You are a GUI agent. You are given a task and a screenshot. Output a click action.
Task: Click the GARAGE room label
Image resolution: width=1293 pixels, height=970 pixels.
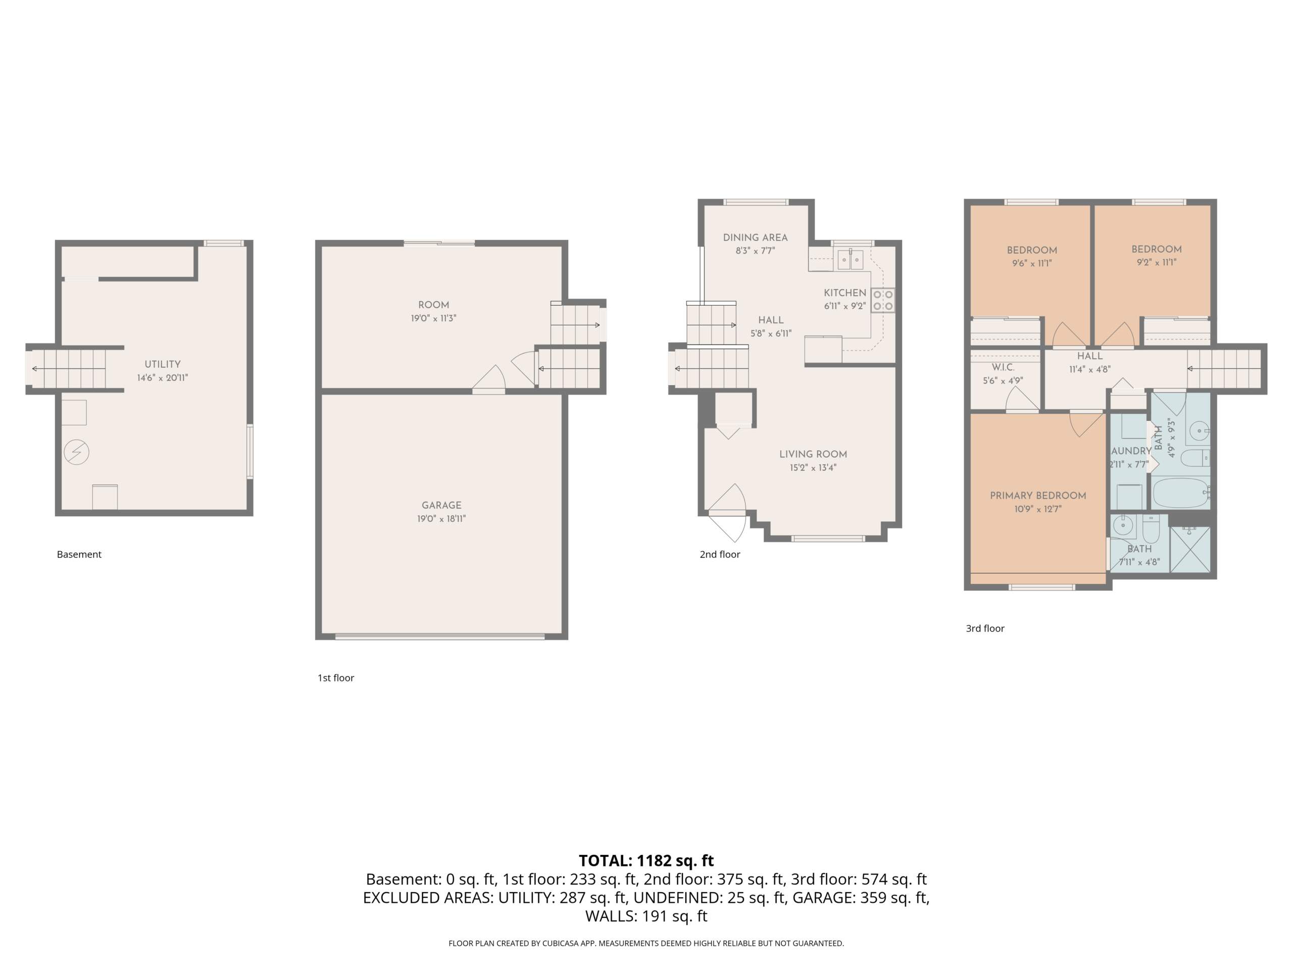(x=441, y=505)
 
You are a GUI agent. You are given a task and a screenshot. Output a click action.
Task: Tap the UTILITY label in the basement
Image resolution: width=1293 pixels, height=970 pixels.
(x=163, y=364)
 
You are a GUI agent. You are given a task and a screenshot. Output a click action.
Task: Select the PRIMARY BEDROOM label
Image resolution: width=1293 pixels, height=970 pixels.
(x=1037, y=496)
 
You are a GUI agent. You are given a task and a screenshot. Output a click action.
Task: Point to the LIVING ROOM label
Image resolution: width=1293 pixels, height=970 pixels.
(x=813, y=454)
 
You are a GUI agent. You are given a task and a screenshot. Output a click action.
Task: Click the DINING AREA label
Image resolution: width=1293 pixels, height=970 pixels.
(x=755, y=237)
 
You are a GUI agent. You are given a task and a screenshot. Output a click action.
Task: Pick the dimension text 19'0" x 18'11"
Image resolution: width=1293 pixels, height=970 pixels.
(x=441, y=519)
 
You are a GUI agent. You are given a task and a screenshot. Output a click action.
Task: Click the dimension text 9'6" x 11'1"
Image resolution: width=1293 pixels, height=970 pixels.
(x=1032, y=263)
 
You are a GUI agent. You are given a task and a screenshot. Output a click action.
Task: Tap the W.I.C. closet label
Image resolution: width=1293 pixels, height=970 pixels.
(x=1003, y=368)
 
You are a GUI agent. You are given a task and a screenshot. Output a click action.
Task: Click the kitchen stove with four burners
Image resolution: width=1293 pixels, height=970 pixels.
(x=883, y=300)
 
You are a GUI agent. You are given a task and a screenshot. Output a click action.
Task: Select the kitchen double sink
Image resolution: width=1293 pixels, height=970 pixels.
(x=850, y=259)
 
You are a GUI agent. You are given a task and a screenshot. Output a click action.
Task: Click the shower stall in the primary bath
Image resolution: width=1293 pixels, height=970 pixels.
(x=1189, y=549)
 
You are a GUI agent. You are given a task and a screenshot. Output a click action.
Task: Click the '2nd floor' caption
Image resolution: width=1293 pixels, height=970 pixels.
(x=720, y=554)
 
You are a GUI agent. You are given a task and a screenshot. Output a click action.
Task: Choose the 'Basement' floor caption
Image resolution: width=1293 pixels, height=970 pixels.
(x=79, y=554)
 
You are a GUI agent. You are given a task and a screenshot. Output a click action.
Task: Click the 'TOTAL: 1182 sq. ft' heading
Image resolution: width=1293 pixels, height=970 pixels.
(x=646, y=861)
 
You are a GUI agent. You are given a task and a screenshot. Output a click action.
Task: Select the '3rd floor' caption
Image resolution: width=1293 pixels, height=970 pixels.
(x=985, y=628)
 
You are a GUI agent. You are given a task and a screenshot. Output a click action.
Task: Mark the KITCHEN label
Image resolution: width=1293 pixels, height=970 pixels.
(x=844, y=293)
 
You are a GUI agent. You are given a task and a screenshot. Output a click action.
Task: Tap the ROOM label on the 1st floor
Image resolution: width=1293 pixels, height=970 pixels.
(x=434, y=305)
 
